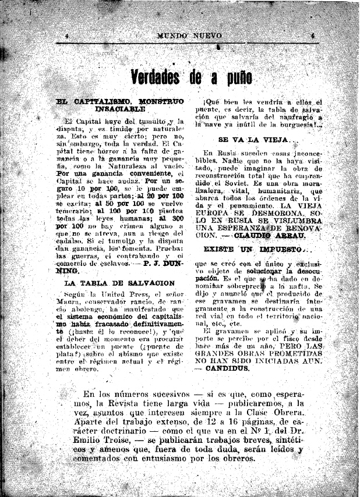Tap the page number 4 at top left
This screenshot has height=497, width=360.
(68, 35)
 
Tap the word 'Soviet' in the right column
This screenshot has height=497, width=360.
(220, 182)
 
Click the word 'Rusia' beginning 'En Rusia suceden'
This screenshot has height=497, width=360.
(226, 152)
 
